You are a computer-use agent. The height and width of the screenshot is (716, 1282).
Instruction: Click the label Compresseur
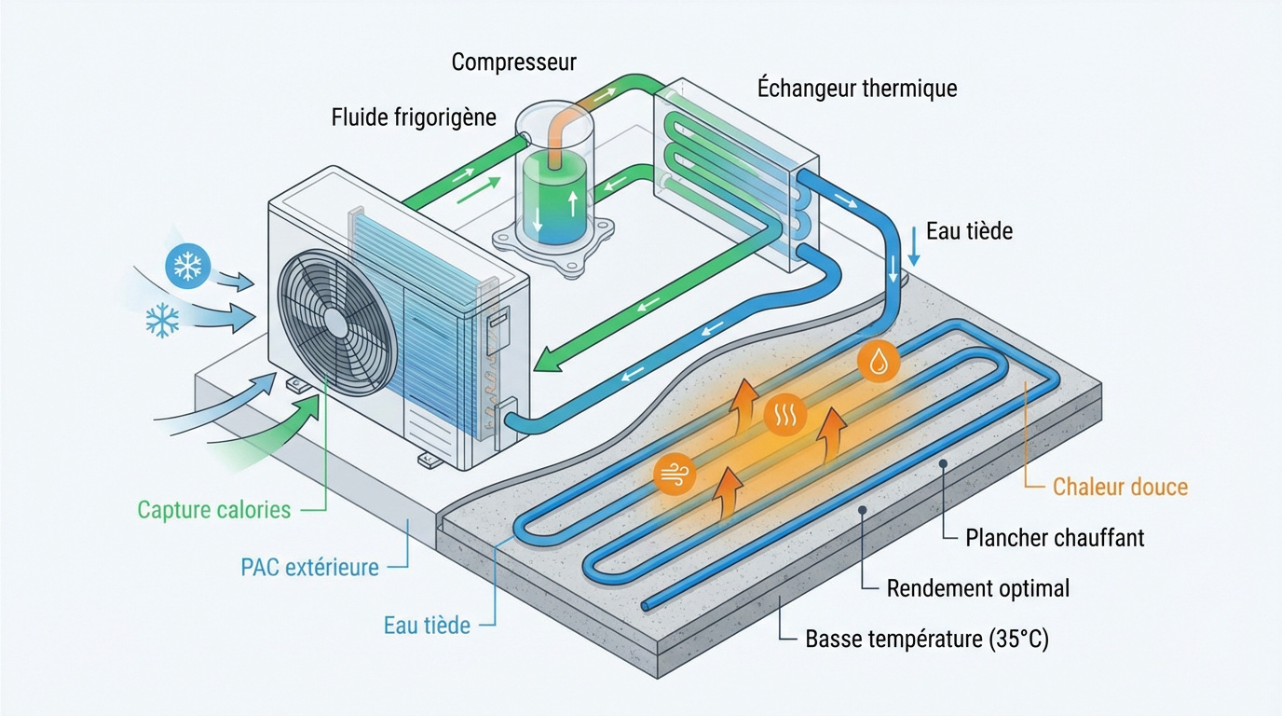point(513,62)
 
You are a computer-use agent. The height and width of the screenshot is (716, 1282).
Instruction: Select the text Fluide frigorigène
point(414,117)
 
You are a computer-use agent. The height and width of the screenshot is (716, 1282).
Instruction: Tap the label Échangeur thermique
point(857,89)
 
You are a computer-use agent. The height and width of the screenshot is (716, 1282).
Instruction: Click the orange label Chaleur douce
point(1120,487)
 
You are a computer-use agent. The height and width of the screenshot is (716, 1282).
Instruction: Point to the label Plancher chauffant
point(1055,537)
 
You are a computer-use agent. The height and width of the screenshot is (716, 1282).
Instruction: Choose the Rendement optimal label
point(977,588)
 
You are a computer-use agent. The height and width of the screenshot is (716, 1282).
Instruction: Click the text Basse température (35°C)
point(926,640)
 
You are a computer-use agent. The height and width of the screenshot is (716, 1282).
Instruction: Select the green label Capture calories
point(213,510)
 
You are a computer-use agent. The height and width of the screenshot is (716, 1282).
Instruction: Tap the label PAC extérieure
point(309,567)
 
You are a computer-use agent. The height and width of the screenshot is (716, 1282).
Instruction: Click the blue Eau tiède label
point(427,625)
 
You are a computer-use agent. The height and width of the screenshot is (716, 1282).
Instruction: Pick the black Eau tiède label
point(969,231)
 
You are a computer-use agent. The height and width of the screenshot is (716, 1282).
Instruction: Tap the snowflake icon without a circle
point(162,322)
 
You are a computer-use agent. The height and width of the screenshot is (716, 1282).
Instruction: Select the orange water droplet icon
point(878,363)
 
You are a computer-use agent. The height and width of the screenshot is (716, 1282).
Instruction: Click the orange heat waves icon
point(784,417)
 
